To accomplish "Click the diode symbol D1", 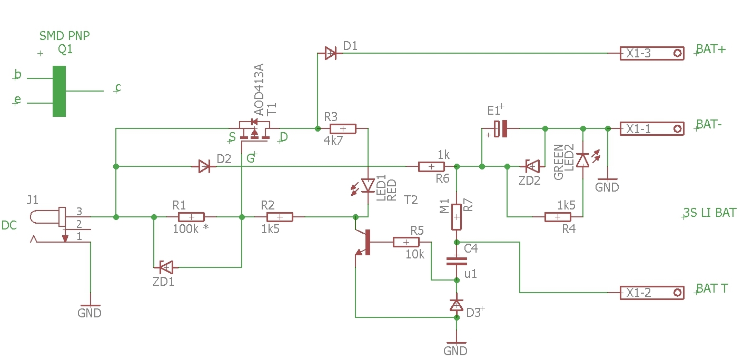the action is [330, 53].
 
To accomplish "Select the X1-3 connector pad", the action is [652, 53].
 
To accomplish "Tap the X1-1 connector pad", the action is [652, 128].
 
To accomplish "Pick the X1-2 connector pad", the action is [652, 293].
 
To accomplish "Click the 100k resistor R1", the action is [191, 217].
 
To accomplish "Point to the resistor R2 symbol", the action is [280, 217].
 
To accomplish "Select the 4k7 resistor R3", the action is [343, 128].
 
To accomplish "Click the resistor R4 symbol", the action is [558, 217].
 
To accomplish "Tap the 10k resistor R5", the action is [406, 242].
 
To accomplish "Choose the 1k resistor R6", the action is [431, 166].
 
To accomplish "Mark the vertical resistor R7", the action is [457, 217].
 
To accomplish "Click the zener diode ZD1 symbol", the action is [166, 267].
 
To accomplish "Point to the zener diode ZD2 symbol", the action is [532, 166].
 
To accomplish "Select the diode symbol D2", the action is [204, 166].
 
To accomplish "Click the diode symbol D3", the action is [457, 305].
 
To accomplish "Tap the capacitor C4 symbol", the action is [457, 261].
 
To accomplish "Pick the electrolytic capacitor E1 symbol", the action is [501, 128].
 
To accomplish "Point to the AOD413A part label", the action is [259, 89].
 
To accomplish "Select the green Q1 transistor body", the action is [59, 91].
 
